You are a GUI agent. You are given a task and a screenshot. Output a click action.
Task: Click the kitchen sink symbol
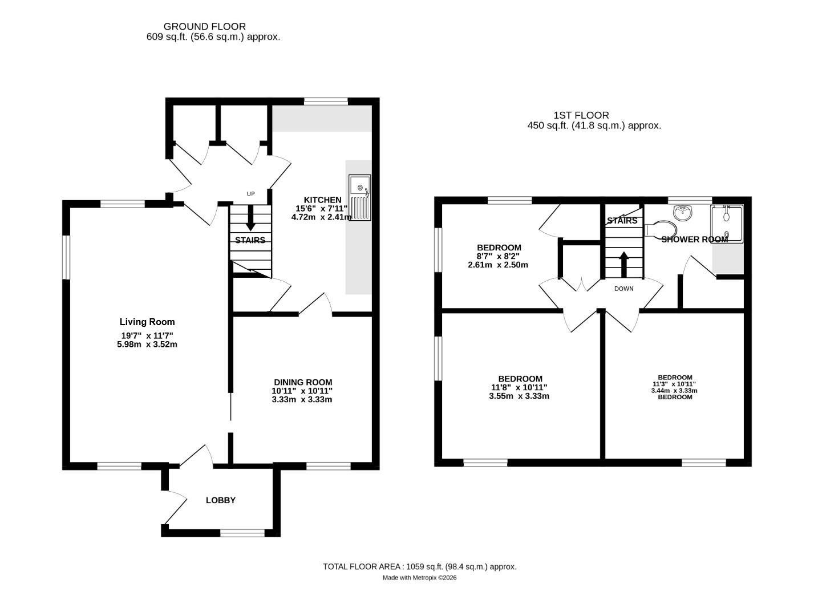pyautogui.click(x=359, y=197)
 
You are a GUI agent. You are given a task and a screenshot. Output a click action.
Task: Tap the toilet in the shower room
pyautogui.click(x=661, y=229)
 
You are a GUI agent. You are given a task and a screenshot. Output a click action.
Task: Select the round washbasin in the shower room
pyautogui.click(x=682, y=212)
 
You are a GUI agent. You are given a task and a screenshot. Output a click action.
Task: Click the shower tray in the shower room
pyautogui.click(x=727, y=224)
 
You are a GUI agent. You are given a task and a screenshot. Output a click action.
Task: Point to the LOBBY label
pyautogui.click(x=221, y=500)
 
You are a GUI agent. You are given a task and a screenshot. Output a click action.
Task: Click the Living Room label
pyautogui.click(x=147, y=322)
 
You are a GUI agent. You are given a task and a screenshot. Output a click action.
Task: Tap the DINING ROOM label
pyautogui.click(x=303, y=382)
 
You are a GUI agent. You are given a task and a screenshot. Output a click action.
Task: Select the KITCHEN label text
pyautogui.click(x=322, y=200)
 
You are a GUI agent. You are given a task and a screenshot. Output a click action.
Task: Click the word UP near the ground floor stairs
pyautogui.click(x=250, y=194)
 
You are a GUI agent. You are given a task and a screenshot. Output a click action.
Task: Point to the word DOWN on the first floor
pyautogui.click(x=623, y=289)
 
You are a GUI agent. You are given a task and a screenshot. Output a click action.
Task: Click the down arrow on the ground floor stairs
pyautogui.click(x=250, y=217)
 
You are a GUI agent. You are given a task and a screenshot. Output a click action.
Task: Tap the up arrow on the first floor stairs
pyautogui.click(x=623, y=265)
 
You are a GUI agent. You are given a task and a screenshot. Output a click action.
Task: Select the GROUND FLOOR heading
pyautogui.click(x=204, y=27)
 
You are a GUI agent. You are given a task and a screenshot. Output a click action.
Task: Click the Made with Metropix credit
pyautogui.click(x=419, y=577)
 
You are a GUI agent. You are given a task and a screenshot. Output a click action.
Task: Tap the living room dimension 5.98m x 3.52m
pyautogui.click(x=147, y=345)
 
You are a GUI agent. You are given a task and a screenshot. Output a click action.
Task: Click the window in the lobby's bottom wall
pyautogui.click(x=242, y=533)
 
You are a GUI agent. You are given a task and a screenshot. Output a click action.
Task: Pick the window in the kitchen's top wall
pyautogui.click(x=326, y=101)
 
